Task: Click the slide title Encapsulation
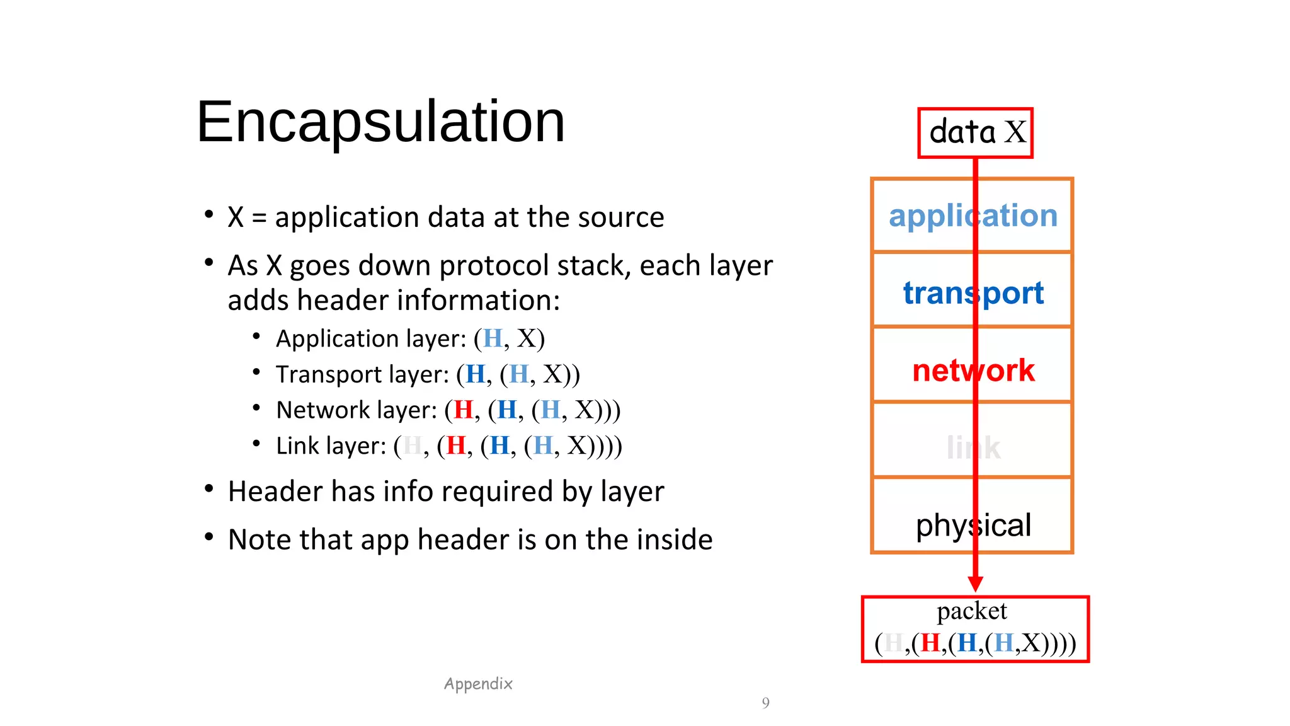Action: coord(380,122)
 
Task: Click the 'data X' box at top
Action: coord(975,132)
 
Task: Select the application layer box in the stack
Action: coord(973,216)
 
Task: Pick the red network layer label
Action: coord(973,370)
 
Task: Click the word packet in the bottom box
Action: coord(971,611)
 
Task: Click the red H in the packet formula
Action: coord(930,643)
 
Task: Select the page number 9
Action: coord(765,703)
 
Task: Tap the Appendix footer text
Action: coord(478,684)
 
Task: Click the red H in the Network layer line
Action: coord(464,410)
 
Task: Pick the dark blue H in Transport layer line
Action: coord(476,375)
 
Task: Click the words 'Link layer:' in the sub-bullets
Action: coord(331,446)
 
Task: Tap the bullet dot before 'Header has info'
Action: coord(209,489)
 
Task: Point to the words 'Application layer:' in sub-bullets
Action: coord(371,339)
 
